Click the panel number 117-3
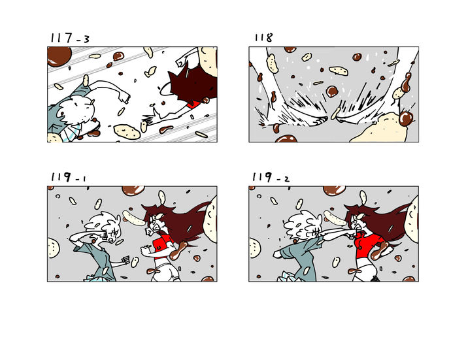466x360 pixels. point(70,38)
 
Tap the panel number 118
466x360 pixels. point(263,37)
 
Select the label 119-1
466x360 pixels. point(69,177)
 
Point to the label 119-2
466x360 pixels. point(271,177)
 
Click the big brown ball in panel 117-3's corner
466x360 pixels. point(59,56)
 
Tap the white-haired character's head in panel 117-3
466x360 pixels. point(76,111)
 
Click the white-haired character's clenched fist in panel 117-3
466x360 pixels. point(124,96)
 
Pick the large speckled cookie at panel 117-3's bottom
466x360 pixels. point(127,131)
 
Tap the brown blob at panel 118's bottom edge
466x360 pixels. point(286,139)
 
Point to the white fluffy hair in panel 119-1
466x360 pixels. point(103,222)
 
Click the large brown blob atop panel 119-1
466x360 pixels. point(133,190)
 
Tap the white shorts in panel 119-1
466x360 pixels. point(164,271)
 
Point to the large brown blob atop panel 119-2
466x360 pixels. point(334,190)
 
